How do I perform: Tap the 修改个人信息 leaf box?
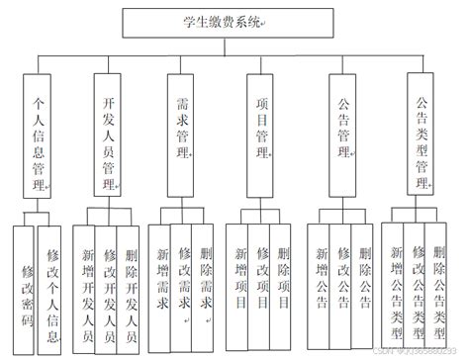pyautogui.click(x=51, y=288)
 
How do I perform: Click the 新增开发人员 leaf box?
pyautogui.click(x=90, y=288)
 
